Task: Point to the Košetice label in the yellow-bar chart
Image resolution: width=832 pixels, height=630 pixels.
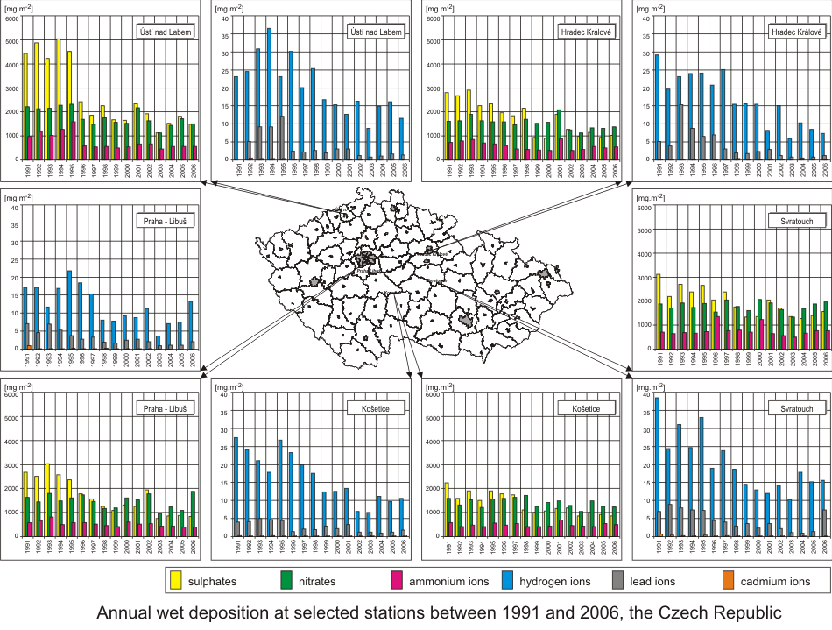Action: (x=583, y=409)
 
